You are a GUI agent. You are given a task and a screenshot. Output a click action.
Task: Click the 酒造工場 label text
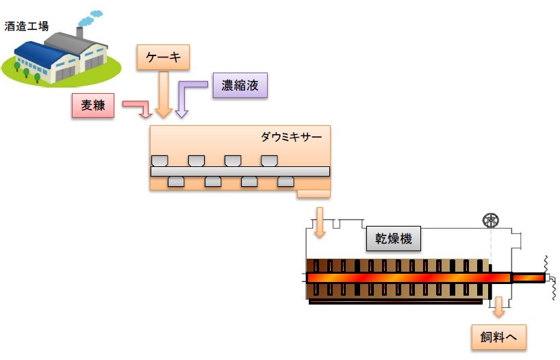pyautogui.click(x=26, y=26)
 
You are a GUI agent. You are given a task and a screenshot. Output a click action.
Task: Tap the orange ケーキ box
pyautogui.click(x=163, y=57)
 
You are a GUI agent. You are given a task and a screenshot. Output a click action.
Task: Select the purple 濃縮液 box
pyautogui.click(x=239, y=86)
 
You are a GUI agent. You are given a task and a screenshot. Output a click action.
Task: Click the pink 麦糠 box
pyautogui.click(x=92, y=106)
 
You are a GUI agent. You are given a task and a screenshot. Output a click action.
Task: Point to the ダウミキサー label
pyautogui.click(x=291, y=136)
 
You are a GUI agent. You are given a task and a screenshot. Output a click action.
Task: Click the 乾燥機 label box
pyautogui.click(x=393, y=239)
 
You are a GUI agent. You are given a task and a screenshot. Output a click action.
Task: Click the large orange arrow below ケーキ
pyautogui.click(x=163, y=94)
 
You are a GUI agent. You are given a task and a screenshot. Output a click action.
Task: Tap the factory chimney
pyautogui.click(x=79, y=33)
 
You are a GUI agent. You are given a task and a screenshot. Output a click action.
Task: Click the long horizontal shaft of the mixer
pyautogui.click(x=240, y=171)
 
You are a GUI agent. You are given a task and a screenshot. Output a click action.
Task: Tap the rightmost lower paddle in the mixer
pyautogui.click(x=285, y=181)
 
